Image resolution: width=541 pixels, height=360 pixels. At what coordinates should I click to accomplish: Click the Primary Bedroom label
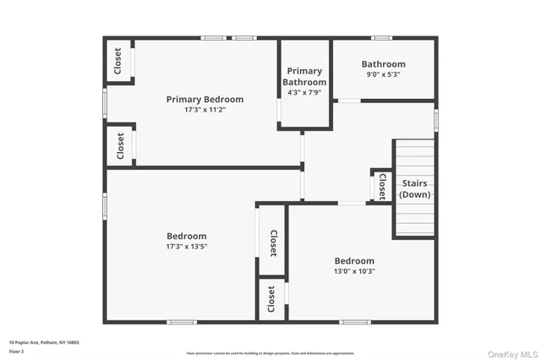[205, 99]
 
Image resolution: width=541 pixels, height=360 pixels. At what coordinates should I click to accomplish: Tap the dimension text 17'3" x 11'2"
[205, 110]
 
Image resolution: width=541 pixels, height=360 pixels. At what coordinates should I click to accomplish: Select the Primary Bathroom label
[305, 76]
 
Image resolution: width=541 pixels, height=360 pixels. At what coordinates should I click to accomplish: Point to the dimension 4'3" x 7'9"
[305, 92]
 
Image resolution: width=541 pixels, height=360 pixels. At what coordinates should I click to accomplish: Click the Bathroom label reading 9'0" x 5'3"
[383, 64]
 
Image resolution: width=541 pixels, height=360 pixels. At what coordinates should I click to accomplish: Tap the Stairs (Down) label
[414, 188]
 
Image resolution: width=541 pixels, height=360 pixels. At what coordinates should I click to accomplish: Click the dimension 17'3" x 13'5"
[186, 247]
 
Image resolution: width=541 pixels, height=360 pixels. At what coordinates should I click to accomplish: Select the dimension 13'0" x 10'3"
[353, 271]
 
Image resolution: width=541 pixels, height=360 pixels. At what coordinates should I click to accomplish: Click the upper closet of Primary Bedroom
[117, 61]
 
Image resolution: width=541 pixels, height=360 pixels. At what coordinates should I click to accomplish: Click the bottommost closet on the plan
[270, 299]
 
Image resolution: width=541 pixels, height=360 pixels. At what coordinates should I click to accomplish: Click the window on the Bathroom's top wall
[382, 37]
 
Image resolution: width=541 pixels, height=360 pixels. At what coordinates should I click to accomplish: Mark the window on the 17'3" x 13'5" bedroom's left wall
[105, 205]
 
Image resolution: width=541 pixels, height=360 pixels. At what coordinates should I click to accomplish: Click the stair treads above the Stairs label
[414, 158]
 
